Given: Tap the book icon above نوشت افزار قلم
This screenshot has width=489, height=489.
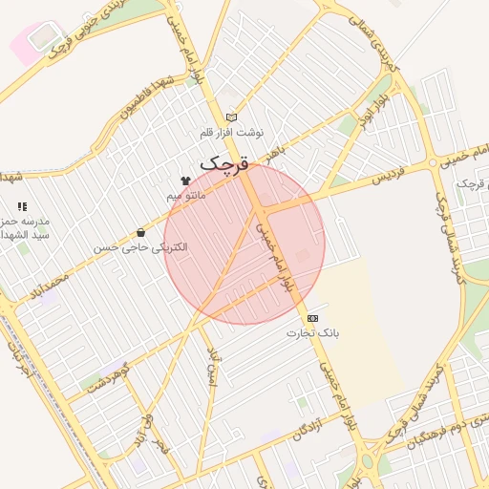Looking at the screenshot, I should pos(230,117).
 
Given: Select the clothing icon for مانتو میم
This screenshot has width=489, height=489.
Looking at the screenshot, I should pos(185,181).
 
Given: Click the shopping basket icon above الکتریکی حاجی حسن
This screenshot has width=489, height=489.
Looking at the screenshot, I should pos(141,232).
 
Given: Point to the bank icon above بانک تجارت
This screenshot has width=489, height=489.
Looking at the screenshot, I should pos(312,318).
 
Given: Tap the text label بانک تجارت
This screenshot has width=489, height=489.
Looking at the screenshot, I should pos(312,333).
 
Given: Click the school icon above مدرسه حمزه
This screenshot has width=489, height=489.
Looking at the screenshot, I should pos(22,205).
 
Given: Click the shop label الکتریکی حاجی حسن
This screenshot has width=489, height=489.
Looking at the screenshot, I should pos(141,246).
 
